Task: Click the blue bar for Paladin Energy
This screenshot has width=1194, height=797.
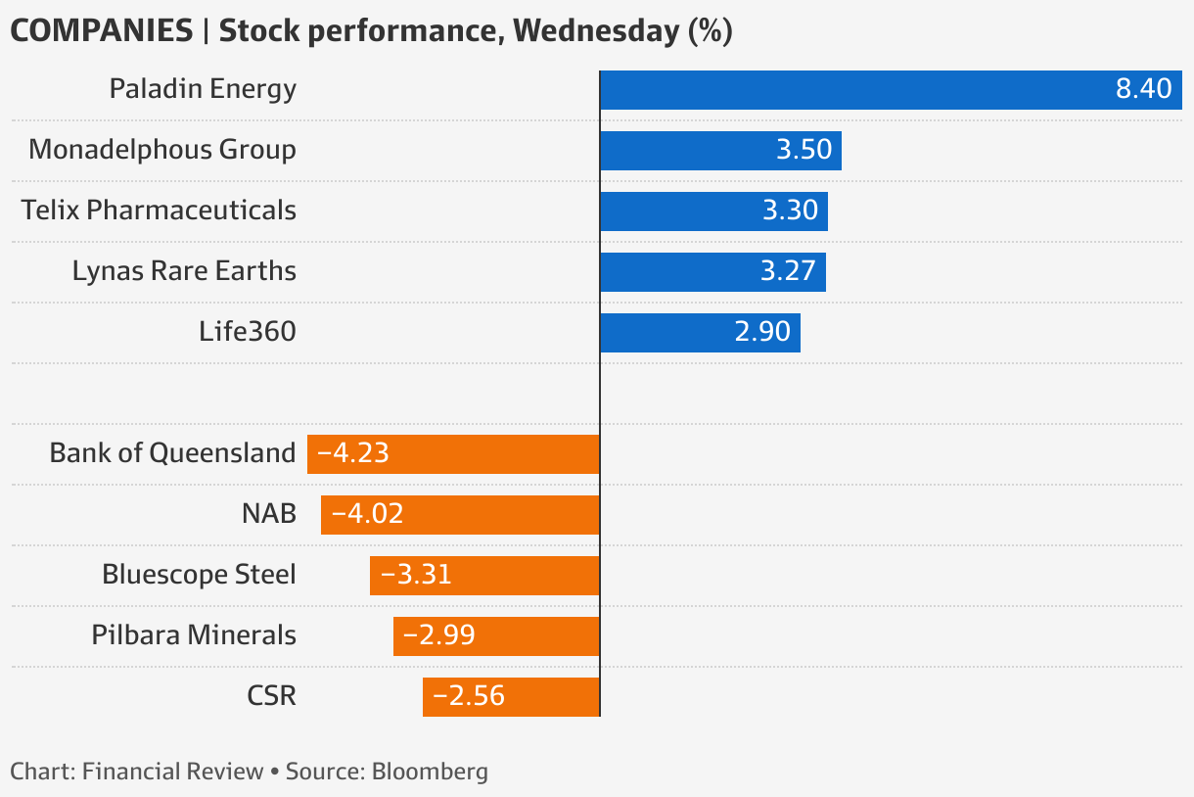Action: [891, 90]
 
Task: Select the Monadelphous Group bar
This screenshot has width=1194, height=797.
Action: [720, 151]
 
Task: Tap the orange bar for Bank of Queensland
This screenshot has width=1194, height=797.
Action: [453, 454]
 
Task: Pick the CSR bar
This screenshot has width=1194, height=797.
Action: [511, 697]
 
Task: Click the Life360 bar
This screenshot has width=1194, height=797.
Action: [700, 333]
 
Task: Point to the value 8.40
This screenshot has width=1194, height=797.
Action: [1143, 90]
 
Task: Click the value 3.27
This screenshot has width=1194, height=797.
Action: [788, 271]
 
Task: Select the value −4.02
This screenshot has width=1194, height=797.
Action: [367, 514]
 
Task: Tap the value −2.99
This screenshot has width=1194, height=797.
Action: [439, 635]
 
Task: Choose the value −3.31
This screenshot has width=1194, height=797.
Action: [416, 575]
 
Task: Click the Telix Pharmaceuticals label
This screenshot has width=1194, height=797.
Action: [159, 211]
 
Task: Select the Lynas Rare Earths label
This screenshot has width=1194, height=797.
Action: [184, 271]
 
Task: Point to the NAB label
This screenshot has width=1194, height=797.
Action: [269, 514]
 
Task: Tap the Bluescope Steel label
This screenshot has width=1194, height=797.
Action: [199, 575]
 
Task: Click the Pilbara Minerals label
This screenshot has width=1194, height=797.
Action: [194, 635]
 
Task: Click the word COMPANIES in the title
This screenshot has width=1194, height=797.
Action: [101, 31]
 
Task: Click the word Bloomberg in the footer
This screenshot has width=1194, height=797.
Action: [430, 772]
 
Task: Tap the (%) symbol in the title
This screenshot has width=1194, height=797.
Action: [711, 31]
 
